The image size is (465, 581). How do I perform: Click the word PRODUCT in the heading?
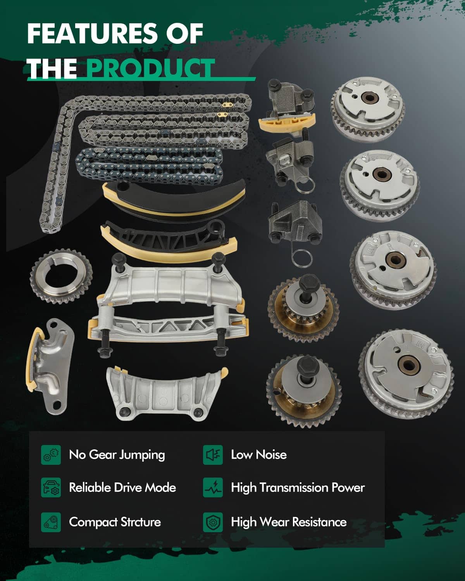[150, 69]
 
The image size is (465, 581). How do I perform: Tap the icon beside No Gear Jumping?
[51, 455]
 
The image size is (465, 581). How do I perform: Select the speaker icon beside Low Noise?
[213, 455]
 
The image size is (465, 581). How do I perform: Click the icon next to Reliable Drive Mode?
[51, 488]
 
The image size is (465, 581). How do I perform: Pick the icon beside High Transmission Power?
[213, 488]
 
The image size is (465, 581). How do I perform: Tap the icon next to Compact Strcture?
[51, 522]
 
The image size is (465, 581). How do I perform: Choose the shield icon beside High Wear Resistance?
[213, 522]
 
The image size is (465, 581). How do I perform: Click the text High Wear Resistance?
[288, 522]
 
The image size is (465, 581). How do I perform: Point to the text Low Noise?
[258, 455]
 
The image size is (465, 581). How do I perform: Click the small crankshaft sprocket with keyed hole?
[61, 276]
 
